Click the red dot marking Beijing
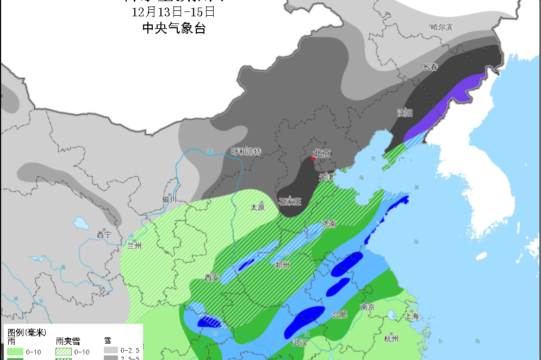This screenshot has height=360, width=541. pyautogui.click(x=313, y=159)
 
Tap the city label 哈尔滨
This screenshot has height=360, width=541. pyautogui.click(x=441, y=27)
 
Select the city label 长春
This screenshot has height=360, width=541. pyautogui.click(x=430, y=67)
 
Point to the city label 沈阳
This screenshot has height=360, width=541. pyautogui.click(x=405, y=113)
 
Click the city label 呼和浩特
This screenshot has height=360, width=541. pyautogui.click(x=246, y=152)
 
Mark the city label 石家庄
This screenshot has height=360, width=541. pyautogui.click(x=290, y=202)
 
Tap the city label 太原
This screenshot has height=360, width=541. pyautogui.click(x=257, y=207)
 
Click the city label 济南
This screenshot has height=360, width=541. pyautogui.click(x=329, y=224)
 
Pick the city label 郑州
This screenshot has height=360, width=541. pyautogui.click(x=283, y=265)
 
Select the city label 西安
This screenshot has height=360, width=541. pyautogui.click(x=212, y=277)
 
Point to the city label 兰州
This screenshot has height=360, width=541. pyautogui.click(x=134, y=245)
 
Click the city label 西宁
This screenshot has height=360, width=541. pyautogui.click(x=104, y=234)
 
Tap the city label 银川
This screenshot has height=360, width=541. pyautogui.click(x=170, y=200)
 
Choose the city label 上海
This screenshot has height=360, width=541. pyautogui.click(x=412, y=316)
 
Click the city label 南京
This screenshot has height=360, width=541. pyautogui.click(x=368, y=307)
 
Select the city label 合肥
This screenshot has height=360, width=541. pyautogui.click(x=339, y=314)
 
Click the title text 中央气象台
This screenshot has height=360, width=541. pyautogui.click(x=174, y=29)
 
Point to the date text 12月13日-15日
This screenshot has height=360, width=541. pyautogui.click(x=173, y=11)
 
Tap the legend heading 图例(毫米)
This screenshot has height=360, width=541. pyautogui.click(x=26, y=332)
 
